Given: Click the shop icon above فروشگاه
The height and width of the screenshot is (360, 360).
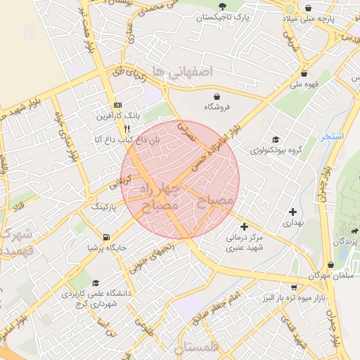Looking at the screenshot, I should pyautogui.click(x=217, y=96).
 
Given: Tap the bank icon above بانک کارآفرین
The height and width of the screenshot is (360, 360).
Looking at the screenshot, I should pyautogui.click(x=117, y=104).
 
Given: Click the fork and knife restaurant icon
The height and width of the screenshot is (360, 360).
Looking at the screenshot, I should pyautogui.click(x=127, y=129).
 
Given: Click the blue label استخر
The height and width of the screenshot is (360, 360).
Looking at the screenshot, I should pyautogui.click(x=332, y=136).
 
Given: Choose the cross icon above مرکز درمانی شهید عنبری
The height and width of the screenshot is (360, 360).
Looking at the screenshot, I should pyautogui.click(x=244, y=226).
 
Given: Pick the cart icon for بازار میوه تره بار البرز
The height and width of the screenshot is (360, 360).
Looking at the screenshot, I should pyautogui.click(x=293, y=287).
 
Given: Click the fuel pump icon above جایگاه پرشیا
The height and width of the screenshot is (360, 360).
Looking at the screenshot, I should pyautogui.click(x=106, y=237).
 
